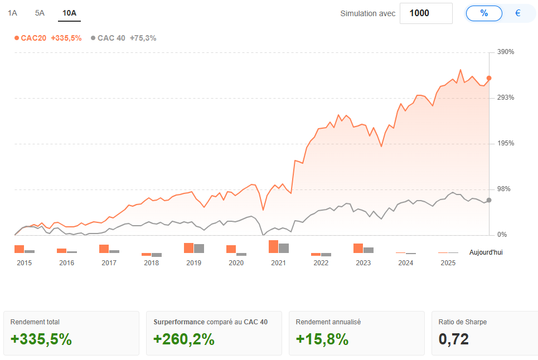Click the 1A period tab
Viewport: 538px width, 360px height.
[12, 13]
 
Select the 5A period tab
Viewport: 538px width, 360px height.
[40, 13]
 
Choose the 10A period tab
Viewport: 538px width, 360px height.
[70, 13]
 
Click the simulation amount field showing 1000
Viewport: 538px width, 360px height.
[426, 13]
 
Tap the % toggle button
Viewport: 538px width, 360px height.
[484, 13]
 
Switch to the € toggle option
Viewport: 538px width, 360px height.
[518, 13]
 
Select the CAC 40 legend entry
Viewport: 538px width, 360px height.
[124, 38]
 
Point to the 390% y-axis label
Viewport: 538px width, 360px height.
[506, 52]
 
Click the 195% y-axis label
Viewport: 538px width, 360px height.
[506, 143]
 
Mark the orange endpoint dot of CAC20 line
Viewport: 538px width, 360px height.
[489, 78]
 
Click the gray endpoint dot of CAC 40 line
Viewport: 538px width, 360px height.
[489, 200]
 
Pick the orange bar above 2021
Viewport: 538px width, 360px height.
[273, 246]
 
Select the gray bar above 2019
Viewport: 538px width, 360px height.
[199, 249]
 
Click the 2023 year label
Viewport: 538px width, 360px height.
[363, 263]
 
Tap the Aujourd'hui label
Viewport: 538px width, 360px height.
[486, 252]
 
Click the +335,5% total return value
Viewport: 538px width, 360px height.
[41, 339]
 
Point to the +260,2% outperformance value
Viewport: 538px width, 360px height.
[184, 339]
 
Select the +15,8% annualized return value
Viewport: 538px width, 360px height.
[322, 339]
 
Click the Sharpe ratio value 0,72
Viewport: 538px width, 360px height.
[454, 339]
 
